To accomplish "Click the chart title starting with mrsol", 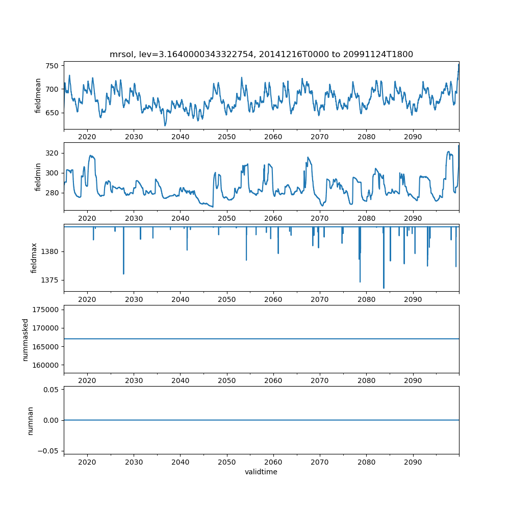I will [x=261, y=54].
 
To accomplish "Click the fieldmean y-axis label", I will [x=38, y=95].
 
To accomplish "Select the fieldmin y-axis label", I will [x=38, y=176].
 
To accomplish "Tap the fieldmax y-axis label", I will [x=34, y=258].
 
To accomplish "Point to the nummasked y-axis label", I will [x=25, y=339].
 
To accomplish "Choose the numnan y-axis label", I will [x=30, y=420].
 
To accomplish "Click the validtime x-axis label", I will [x=261, y=472].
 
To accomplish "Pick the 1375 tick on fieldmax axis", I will [x=49, y=280].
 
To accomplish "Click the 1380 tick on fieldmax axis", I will [x=49, y=251].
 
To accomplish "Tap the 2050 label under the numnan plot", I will [x=227, y=462].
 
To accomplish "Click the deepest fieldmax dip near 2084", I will [x=384, y=288].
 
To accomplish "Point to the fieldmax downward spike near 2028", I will [x=123, y=273].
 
